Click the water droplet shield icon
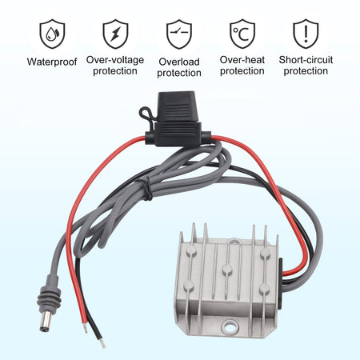point(52,34)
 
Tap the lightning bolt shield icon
point(115,34)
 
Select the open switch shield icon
point(179,34)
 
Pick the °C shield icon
point(242,34)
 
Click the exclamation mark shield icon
point(306,34)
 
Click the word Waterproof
point(52,62)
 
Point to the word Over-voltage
point(115,60)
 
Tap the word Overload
point(179,62)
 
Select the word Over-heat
point(242,60)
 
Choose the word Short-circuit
point(306,60)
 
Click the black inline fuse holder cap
point(177,106)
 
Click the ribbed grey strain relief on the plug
point(50,294)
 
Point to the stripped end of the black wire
point(102,343)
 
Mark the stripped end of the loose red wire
point(85,327)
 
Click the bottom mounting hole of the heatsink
point(230,326)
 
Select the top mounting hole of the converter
point(234,242)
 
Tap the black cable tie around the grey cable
point(146,190)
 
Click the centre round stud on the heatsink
point(227,270)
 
